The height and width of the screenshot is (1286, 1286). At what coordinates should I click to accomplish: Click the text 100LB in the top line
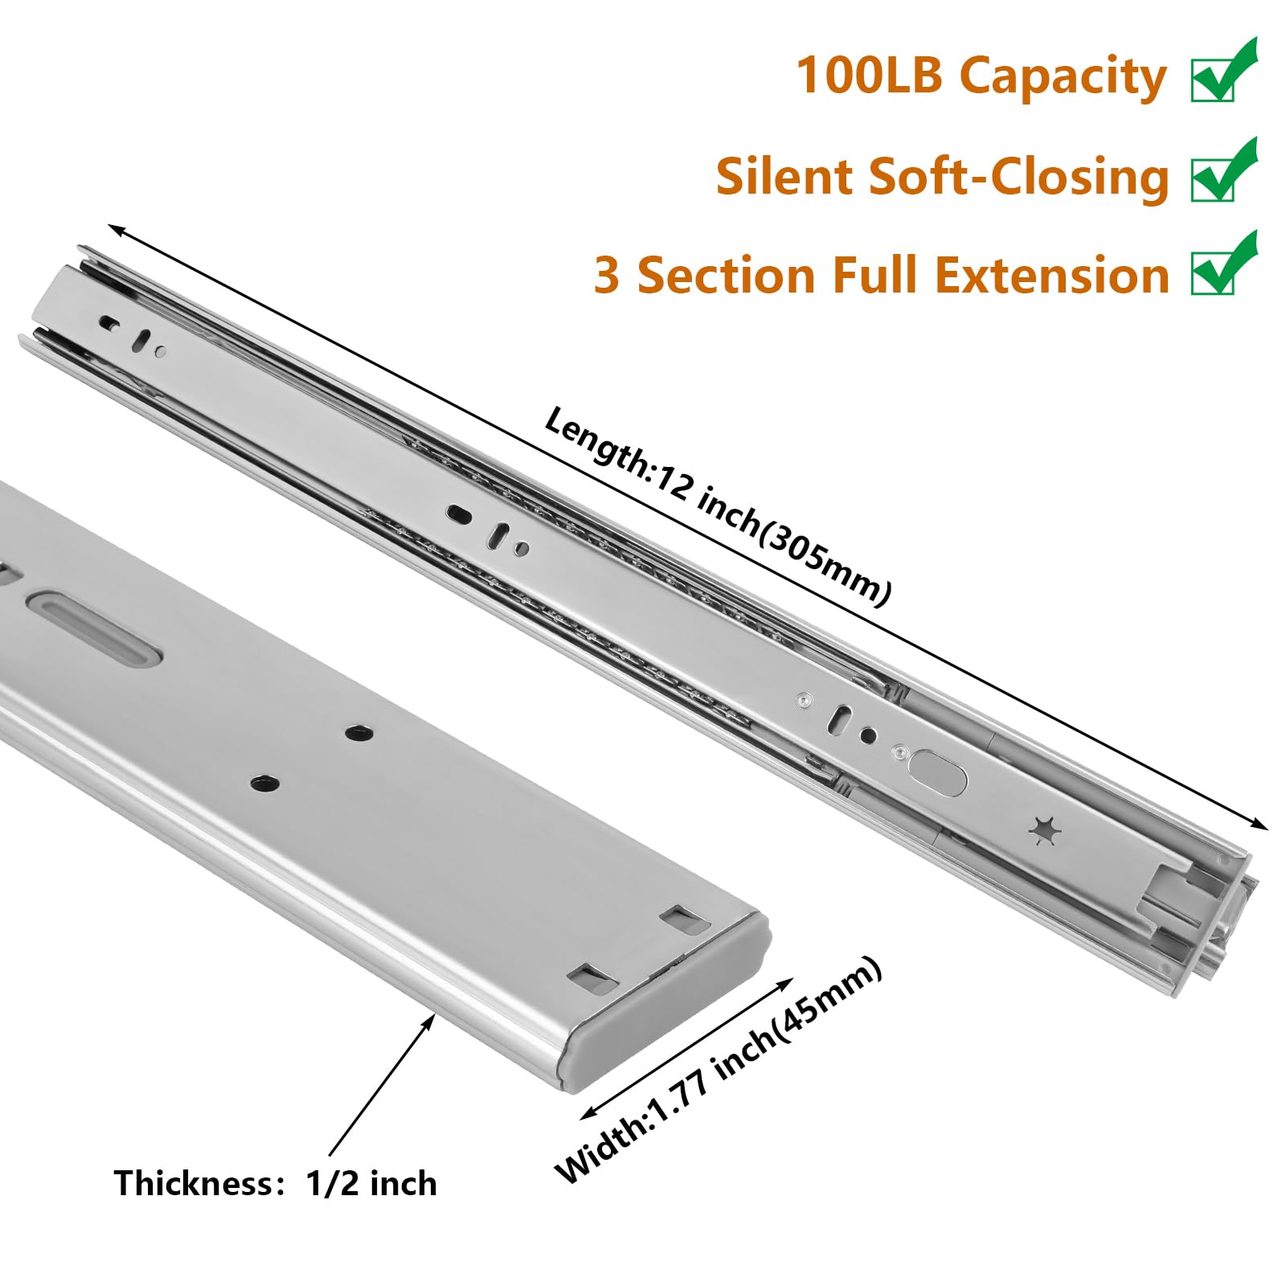click(868, 76)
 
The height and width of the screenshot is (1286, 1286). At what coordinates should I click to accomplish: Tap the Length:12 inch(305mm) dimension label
click(717, 506)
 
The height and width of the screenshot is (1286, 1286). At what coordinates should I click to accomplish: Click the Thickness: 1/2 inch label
click(276, 1184)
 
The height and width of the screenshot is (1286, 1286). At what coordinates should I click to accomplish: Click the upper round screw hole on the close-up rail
click(358, 732)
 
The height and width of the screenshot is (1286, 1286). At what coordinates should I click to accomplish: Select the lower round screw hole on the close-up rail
click(264, 784)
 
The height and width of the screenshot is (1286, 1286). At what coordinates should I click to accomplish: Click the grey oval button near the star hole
click(938, 774)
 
